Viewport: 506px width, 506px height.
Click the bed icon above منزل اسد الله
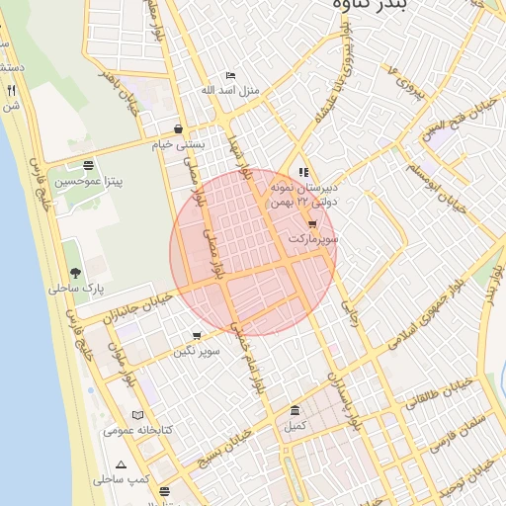[230, 75]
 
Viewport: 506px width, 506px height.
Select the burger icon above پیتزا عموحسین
[89, 165]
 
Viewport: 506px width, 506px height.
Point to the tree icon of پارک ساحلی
[75, 273]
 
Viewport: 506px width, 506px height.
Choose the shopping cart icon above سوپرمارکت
[313, 223]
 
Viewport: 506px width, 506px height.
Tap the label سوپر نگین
[196, 351]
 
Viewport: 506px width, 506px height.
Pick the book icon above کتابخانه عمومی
[137, 415]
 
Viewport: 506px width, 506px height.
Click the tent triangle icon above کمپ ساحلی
[121, 464]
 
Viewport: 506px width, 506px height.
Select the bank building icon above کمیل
[295, 411]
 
